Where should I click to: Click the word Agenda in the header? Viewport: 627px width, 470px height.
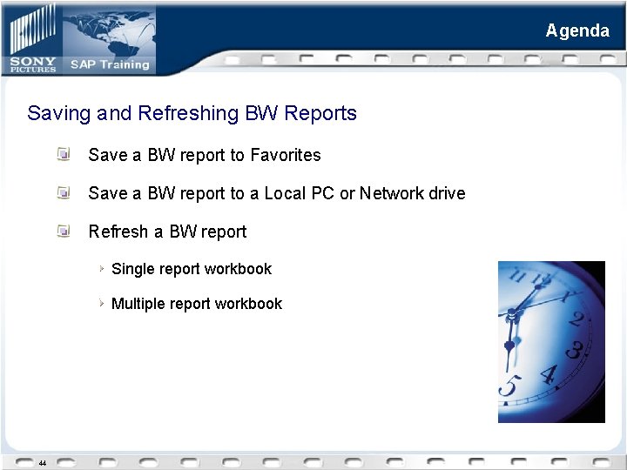[577, 30]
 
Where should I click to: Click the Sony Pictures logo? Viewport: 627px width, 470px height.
[34, 64]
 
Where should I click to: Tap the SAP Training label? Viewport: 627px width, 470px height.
[110, 64]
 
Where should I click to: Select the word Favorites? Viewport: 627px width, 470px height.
[286, 155]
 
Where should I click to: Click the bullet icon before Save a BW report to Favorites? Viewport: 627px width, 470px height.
[64, 154]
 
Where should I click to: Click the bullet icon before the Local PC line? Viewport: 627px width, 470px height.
[64, 192]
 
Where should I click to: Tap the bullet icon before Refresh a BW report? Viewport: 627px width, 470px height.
[64, 231]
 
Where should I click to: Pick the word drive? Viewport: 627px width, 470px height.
[447, 193]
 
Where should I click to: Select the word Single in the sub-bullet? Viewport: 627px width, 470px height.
[132, 269]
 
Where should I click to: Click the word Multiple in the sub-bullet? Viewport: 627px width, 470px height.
[138, 304]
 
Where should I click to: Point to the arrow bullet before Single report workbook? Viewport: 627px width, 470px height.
[102, 268]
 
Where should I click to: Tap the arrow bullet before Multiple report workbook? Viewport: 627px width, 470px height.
[102, 303]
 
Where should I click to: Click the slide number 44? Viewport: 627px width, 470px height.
[42, 462]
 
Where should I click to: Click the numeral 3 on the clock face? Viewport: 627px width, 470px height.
[574, 352]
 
